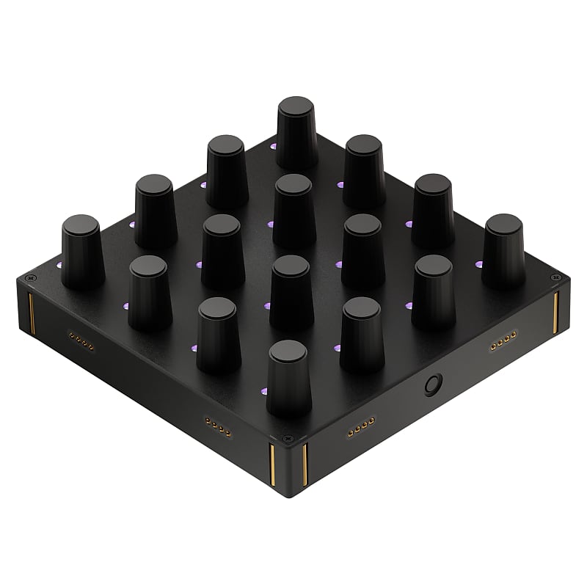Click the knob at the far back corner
pyautogui.click(x=297, y=132)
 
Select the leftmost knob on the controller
pyautogui.click(x=81, y=251)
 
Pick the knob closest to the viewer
pyautogui.click(x=288, y=378)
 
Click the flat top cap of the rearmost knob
pyautogui.click(x=297, y=106)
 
